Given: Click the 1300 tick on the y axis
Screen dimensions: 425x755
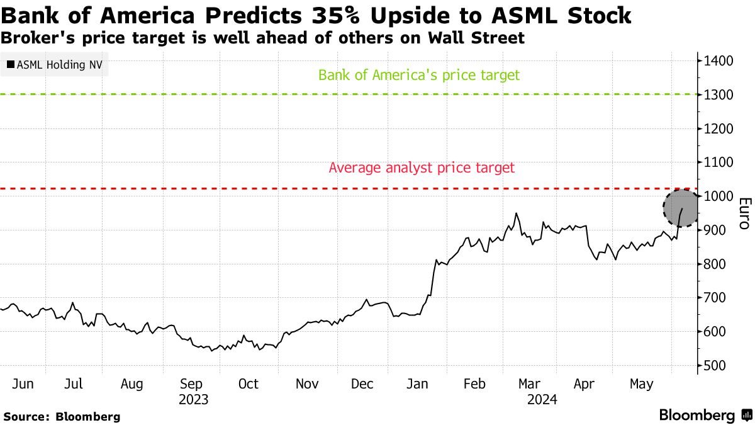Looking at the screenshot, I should tap(717, 95).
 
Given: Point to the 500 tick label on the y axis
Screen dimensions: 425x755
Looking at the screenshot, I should tap(717, 366).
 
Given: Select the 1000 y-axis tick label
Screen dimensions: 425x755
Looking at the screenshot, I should tap(717, 196).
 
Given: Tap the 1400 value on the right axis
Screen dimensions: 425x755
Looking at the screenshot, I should tap(717, 61).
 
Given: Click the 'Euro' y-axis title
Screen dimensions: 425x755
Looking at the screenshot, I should tap(744, 213).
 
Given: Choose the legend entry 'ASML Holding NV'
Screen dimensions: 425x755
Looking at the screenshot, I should tap(55, 64).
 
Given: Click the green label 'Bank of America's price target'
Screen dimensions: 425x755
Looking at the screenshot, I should tap(419, 76).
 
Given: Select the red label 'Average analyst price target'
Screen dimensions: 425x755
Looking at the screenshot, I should tap(422, 168).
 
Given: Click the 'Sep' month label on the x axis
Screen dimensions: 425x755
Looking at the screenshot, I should tap(191, 384).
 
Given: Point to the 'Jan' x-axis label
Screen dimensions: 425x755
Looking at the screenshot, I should tap(419, 384).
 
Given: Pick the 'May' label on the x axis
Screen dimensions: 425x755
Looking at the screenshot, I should tap(642, 384).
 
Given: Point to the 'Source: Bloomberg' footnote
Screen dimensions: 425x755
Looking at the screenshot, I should tap(62, 416).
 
